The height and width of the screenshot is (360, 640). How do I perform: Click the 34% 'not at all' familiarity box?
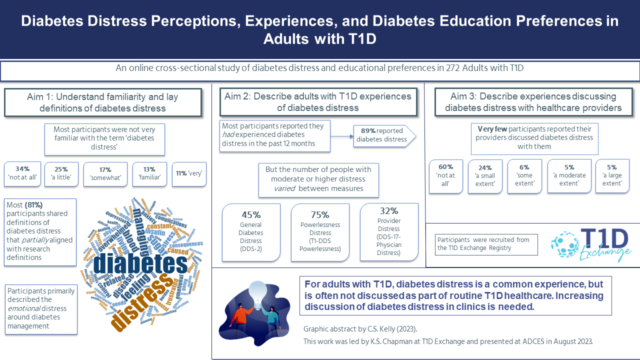22,174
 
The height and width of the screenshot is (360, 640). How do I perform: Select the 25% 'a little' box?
61,174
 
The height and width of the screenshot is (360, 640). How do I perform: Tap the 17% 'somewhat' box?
105,174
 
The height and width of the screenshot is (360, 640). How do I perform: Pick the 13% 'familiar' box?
149,174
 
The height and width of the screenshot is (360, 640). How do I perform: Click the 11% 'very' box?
189,174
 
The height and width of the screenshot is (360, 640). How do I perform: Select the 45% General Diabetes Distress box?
250,232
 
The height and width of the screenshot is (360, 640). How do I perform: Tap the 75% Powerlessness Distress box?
320,232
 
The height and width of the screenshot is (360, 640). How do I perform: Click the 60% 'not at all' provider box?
446,175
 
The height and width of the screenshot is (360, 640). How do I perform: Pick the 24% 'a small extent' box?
485,176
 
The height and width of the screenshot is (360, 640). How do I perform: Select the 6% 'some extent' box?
525,176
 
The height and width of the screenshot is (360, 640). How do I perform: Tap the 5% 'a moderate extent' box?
569,176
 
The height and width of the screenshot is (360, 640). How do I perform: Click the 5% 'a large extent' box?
612,176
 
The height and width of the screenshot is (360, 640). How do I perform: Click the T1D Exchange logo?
591,245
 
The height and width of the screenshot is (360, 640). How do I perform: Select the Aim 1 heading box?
102,103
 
